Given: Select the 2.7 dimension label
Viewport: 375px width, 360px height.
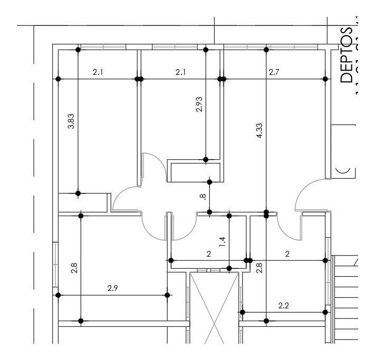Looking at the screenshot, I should coord(274,72).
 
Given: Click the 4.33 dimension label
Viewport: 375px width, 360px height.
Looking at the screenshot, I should coord(259,130).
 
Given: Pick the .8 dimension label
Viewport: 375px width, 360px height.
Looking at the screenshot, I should coord(203,197).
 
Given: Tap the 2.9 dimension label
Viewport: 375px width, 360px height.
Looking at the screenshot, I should coord(112,288).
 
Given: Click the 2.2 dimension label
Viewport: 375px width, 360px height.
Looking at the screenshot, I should coord(283,306).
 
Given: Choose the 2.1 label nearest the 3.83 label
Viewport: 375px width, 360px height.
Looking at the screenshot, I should coord(98,72).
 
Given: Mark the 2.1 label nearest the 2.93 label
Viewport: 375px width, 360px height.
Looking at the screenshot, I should coord(180,72).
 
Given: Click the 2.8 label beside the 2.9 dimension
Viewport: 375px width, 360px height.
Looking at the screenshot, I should coord(74,268).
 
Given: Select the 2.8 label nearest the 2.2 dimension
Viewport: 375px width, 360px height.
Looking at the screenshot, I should coord(259,268).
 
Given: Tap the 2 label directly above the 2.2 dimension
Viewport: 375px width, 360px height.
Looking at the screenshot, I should coord(287,254).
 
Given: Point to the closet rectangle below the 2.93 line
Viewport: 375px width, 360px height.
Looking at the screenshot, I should coord(193,172).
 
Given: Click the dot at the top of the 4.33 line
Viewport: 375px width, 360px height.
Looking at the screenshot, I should coord(266,50).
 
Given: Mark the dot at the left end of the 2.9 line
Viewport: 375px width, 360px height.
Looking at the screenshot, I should coord(58,295).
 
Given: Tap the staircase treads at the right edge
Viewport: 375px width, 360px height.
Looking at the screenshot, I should coord(348,295).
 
